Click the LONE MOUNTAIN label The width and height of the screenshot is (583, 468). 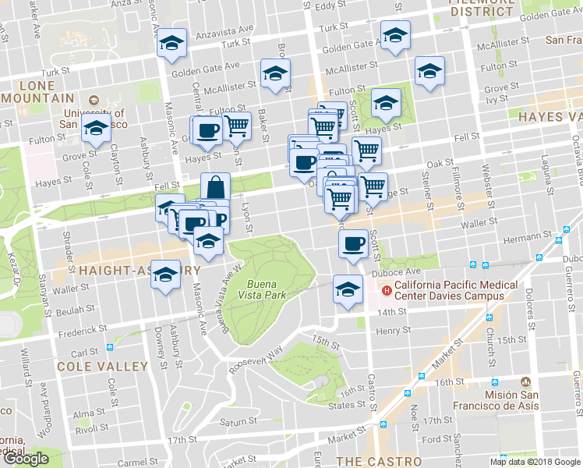[x=37, y=92]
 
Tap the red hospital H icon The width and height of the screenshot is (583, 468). [x=385, y=289]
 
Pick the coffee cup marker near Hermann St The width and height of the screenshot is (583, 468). [x=353, y=244]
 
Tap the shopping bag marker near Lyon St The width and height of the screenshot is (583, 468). [x=216, y=188]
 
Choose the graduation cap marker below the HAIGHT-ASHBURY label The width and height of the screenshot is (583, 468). [x=165, y=275]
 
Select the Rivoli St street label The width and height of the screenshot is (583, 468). [x=92, y=427]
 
